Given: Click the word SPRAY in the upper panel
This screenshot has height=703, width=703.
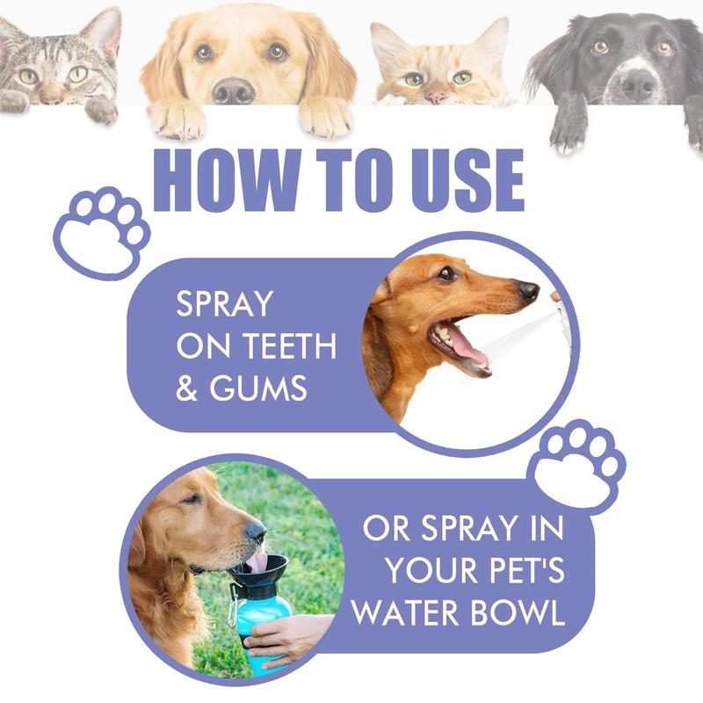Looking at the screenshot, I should click(x=224, y=305).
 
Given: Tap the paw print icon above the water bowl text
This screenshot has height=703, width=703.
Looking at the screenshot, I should click(x=579, y=464).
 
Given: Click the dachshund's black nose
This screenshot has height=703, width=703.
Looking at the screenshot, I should click(x=528, y=290).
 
